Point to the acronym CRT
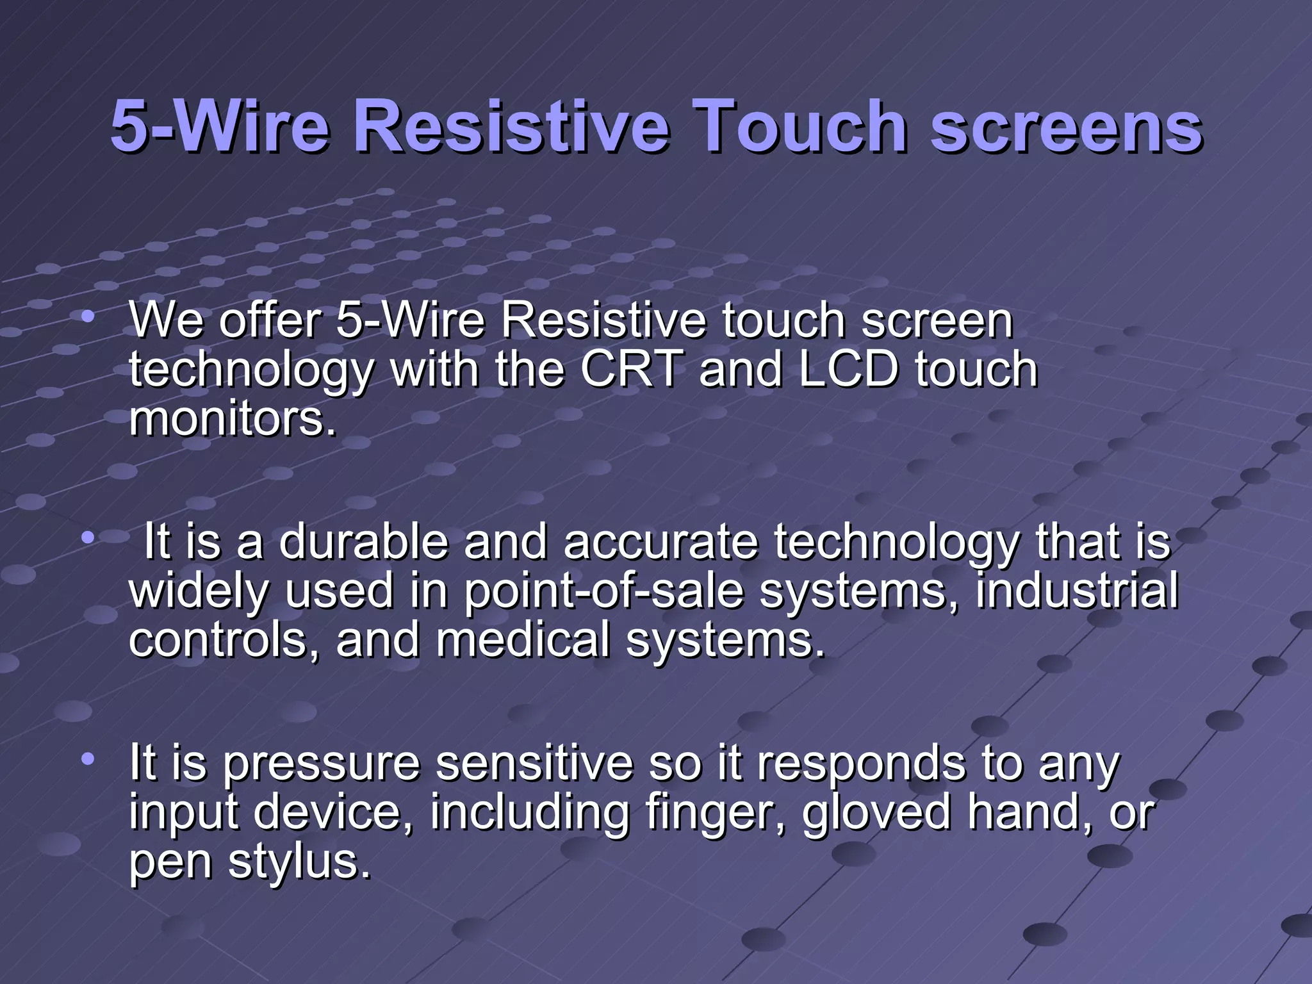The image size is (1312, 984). [x=631, y=370]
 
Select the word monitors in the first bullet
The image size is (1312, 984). [x=232, y=420]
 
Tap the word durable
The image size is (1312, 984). [x=363, y=542]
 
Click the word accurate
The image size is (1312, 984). [x=660, y=542]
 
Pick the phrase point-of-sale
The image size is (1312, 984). [x=603, y=591]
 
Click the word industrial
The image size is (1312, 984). [x=1076, y=590]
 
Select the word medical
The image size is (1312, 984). [x=523, y=640]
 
